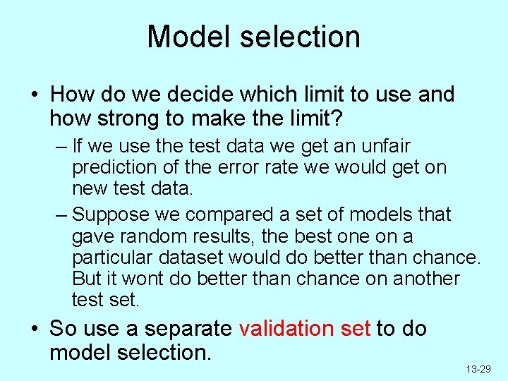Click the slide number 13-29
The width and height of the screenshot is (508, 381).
point(478,369)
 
